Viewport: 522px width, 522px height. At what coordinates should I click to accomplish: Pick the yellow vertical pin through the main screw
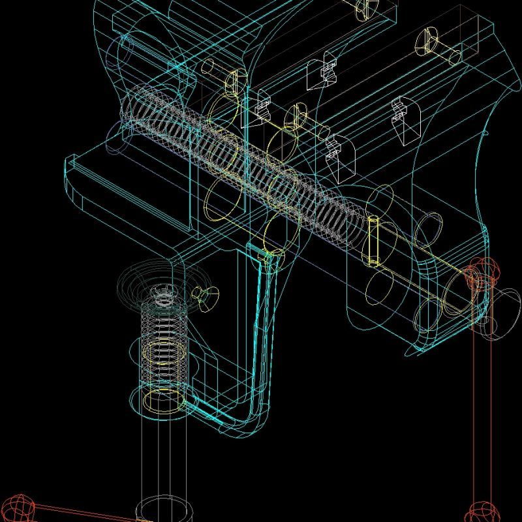[x=374, y=241]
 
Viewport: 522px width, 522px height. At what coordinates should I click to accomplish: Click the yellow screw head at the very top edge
[x=363, y=7]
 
